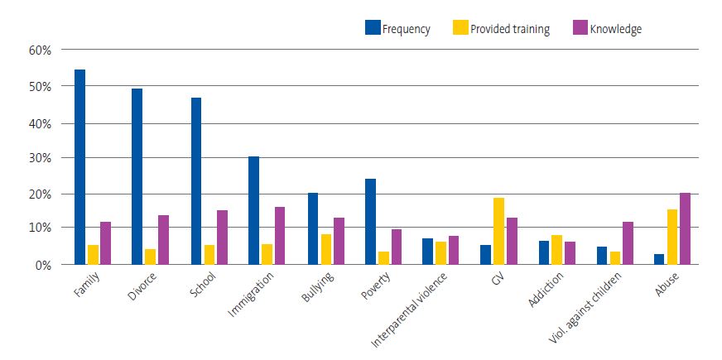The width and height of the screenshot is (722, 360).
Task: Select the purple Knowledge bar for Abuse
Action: (685, 228)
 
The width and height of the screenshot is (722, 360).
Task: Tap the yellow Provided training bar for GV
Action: (498, 231)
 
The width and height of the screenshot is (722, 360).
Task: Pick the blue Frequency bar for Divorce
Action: (137, 176)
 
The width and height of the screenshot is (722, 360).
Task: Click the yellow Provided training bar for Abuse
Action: (673, 237)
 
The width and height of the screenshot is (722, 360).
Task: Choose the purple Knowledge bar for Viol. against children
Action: (627, 243)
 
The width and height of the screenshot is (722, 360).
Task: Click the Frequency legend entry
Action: (397, 29)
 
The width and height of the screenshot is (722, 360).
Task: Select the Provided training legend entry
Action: (501, 29)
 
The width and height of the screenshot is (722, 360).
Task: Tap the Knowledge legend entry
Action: (607, 29)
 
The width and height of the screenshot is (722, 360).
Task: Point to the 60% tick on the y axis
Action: (41, 50)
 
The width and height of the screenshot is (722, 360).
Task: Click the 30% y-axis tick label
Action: (41, 157)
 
